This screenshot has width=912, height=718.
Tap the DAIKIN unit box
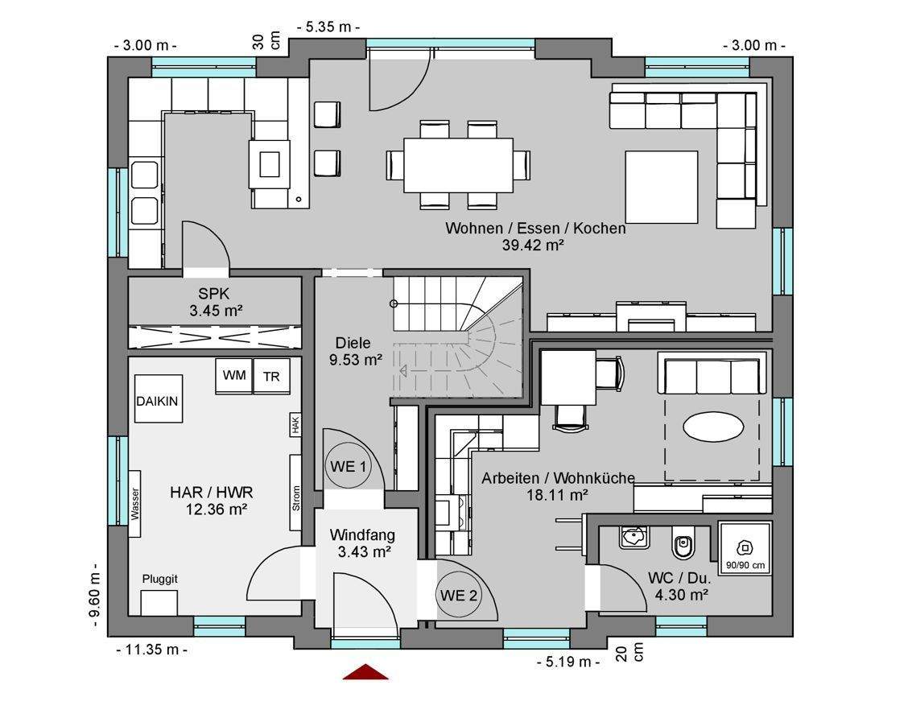(x=159, y=398)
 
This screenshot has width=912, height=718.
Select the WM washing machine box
(x=233, y=376)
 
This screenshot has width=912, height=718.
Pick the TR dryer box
(x=271, y=377)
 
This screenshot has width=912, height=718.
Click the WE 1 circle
(x=348, y=466)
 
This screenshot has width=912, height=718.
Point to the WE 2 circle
(x=458, y=595)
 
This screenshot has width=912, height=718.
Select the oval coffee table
(x=712, y=428)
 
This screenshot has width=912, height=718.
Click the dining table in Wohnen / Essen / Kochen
(x=458, y=165)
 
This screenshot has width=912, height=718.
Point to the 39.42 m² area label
(x=533, y=245)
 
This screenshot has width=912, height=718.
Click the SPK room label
(x=214, y=294)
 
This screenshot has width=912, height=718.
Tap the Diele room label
(x=353, y=343)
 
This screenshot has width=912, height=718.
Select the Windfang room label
(x=362, y=534)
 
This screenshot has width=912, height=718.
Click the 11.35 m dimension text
(x=152, y=650)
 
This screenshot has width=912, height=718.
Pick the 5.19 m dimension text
(x=568, y=662)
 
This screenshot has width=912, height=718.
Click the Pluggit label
(x=160, y=579)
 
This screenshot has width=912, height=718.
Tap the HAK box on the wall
(x=295, y=424)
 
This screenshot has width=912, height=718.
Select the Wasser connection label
(x=135, y=504)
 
